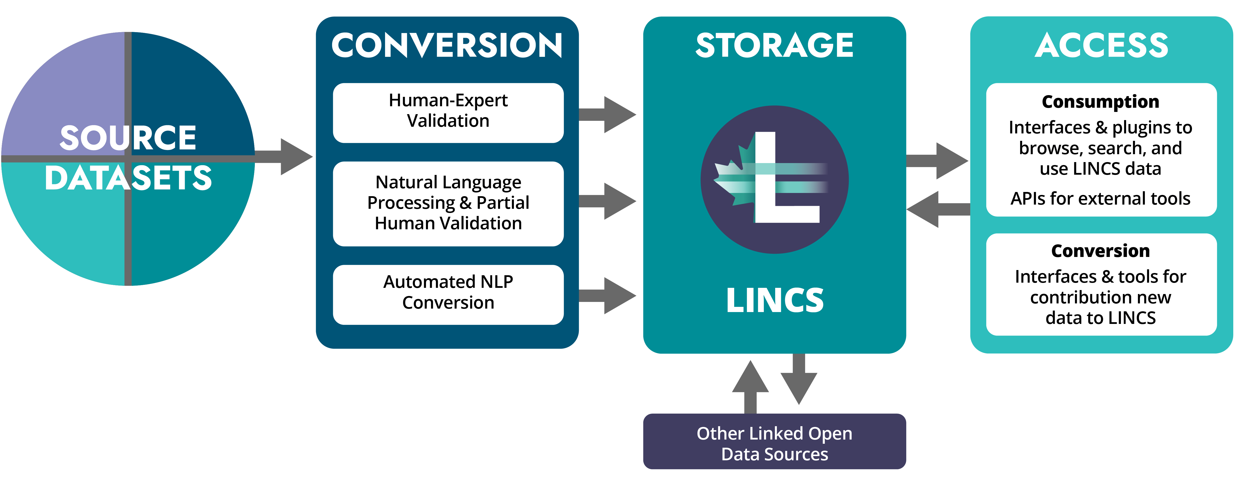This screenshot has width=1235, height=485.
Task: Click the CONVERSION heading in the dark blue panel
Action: point(447,45)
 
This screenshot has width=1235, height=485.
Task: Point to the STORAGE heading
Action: point(774,45)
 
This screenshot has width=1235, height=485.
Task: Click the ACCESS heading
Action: point(1101,45)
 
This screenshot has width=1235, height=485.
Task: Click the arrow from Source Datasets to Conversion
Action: point(288,156)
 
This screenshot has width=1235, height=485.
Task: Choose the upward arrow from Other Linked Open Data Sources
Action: point(750,386)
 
